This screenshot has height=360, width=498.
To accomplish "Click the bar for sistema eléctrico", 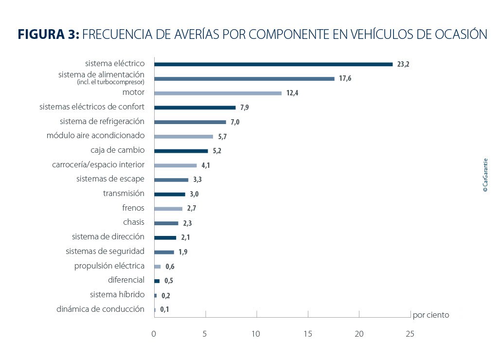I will click(x=273, y=64).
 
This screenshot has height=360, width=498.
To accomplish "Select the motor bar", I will click(x=218, y=93).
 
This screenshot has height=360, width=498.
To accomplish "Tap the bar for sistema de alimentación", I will click(x=244, y=78).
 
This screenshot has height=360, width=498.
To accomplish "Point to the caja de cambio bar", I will click(x=181, y=151).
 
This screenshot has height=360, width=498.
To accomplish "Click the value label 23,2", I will click(x=403, y=64).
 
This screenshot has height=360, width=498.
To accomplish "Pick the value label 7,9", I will click(x=245, y=108).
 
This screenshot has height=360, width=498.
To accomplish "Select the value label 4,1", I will click(x=206, y=165).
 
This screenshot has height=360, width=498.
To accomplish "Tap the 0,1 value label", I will click(x=164, y=309).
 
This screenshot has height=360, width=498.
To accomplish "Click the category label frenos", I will click(x=133, y=208).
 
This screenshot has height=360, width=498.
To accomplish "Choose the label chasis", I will click(x=134, y=222).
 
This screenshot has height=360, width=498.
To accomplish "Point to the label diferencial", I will click(x=126, y=280).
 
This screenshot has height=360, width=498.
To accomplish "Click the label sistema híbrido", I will click(x=117, y=294).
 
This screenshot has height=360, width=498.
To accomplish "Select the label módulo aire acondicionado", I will click(x=95, y=136).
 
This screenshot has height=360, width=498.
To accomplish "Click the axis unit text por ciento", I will click(x=431, y=315).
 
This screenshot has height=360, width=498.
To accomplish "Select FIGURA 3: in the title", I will click(x=49, y=34).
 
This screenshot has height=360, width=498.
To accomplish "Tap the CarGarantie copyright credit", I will click(x=485, y=175).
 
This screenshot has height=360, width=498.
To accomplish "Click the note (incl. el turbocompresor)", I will click(x=110, y=82).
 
